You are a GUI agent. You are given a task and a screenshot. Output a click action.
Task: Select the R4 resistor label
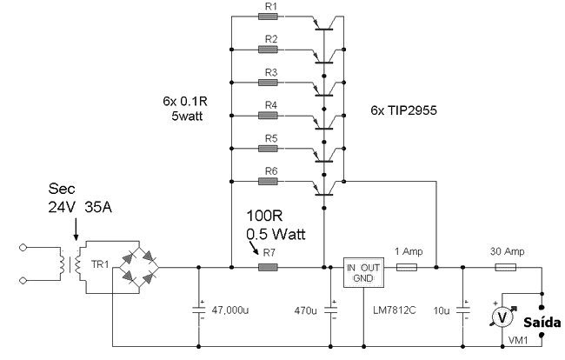(270, 105)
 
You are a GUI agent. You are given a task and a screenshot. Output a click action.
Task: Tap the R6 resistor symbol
(269, 182)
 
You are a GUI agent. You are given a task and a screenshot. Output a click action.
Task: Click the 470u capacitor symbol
(331, 307)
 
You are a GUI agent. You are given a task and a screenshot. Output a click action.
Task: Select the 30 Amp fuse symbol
(506, 267)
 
